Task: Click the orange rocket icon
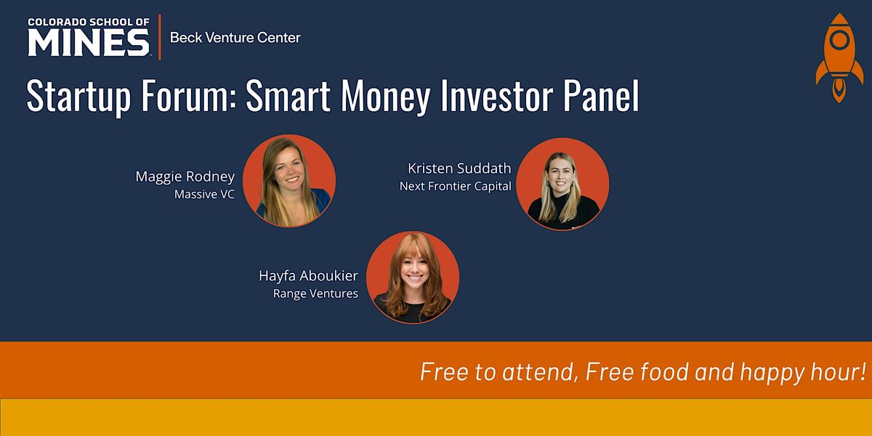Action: click(x=839, y=58)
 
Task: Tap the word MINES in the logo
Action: click(x=89, y=43)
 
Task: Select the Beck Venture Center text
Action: click(x=235, y=38)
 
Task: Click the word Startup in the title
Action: click(x=78, y=96)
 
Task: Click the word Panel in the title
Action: click(x=601, y=95)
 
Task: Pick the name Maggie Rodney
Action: click(x=185, y=177)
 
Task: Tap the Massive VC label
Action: click(x=204, y=194)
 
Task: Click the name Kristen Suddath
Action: click(x=459, y=168)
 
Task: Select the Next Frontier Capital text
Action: click(x=456, y=186)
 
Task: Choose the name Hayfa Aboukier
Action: click(x=308, y=275)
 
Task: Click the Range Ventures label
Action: click(x=315, y=294)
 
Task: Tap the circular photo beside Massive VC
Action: click(x=289, y=181)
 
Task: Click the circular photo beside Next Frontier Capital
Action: click(x=562, y=184)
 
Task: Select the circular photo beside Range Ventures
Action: click(x=413, y=278)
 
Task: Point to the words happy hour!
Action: click(x=803, y=373)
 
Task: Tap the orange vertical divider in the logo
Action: click(x=160, y=37)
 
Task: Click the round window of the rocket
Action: click(x=840, y=39)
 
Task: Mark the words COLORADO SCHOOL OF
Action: click(x=89, y=22)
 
